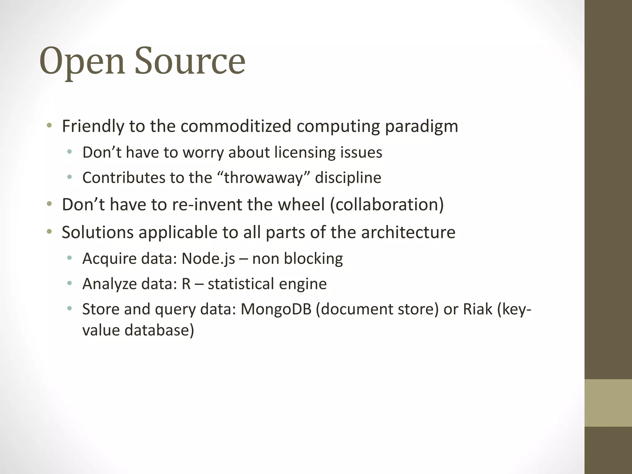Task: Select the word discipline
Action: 348,178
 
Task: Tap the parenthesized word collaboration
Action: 387,205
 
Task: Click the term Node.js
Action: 208,259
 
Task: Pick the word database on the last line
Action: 159,330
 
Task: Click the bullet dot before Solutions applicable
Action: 49,232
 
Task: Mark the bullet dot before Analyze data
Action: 69,283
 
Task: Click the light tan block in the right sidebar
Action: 608,403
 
